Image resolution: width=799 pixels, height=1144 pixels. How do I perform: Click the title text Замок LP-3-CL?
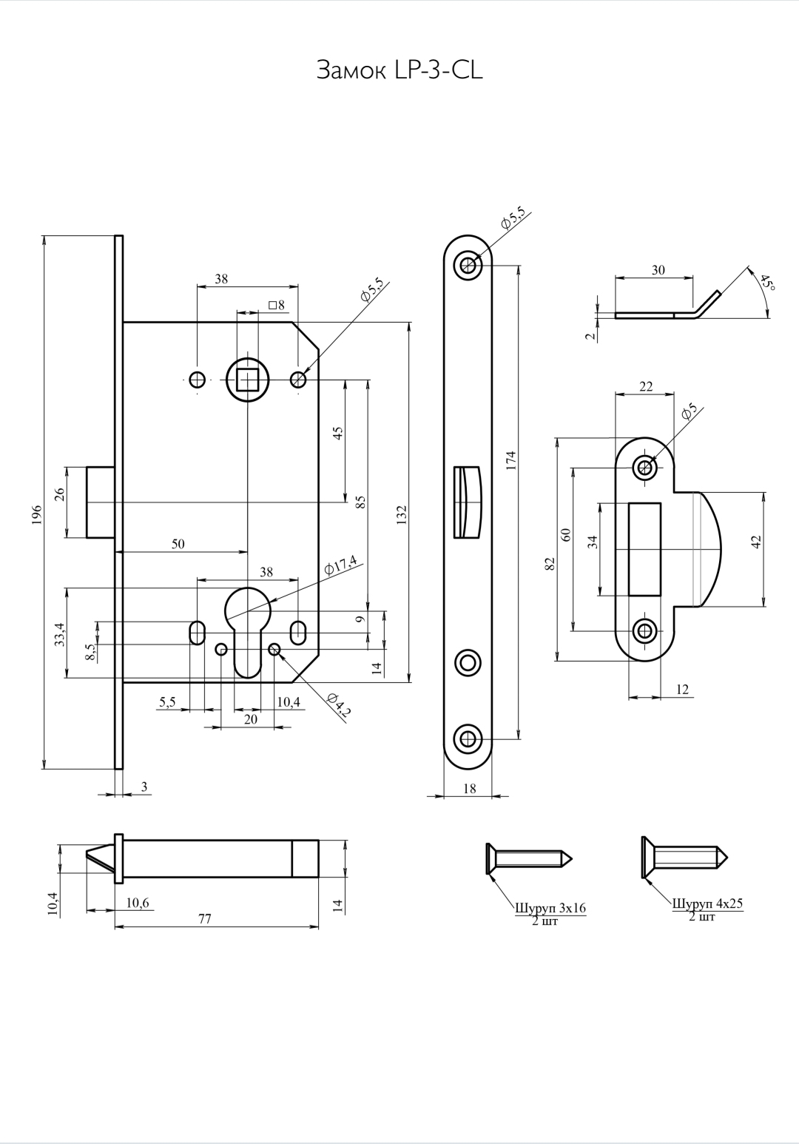coord(399,70)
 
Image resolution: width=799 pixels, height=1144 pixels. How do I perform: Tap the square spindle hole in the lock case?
coord(248,380)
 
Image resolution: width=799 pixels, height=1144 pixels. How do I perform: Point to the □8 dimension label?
coord(277,306)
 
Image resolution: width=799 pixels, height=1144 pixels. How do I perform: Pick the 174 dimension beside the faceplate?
coord(512,460)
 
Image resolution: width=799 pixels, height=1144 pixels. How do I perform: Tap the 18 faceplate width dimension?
coord(469,789)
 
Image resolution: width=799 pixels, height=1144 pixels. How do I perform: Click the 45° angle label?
coord(766,282)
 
